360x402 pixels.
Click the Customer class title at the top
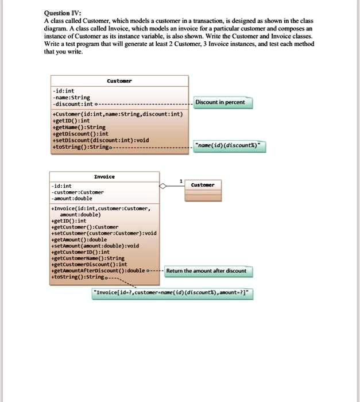click(119, 81)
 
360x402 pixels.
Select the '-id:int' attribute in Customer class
click(63, 91)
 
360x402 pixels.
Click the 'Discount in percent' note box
click(220, 102)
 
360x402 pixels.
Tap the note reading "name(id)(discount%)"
click(230, 146)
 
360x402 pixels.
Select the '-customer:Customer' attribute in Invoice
click(77, 192)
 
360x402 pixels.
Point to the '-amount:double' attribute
click(71, 199)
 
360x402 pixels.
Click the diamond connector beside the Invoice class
click(162, 186)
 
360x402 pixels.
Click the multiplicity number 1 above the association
click(181, 181)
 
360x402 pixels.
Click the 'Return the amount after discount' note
click(206, 270)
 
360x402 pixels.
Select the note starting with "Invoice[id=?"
click(172, 293)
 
